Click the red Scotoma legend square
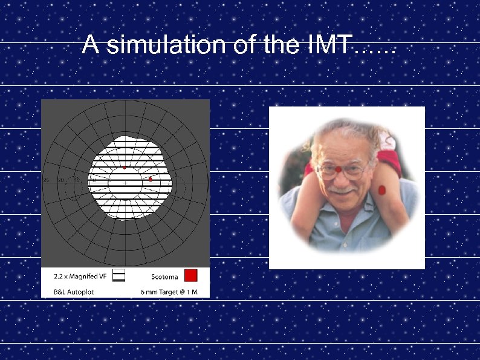click(x=190, y=276)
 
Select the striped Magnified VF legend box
click(x=119, y=276)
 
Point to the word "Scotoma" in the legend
click(x=164, y=277)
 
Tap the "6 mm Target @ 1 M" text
click(x=173, y=292)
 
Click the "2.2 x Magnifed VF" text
click(x=80, y=277)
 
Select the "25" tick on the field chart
click(x=46, y=180)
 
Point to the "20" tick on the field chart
click(x=61, y=180)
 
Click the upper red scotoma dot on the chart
click(x=124, y=167)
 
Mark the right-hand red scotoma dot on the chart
click(x=150, y=179)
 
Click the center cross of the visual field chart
click(x=125, y=182)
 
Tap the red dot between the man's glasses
click(x=340, y=168)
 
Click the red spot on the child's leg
click(x=381, y=190)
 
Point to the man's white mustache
click(x=342, y=191)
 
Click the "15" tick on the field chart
click(x=76, y=180)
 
